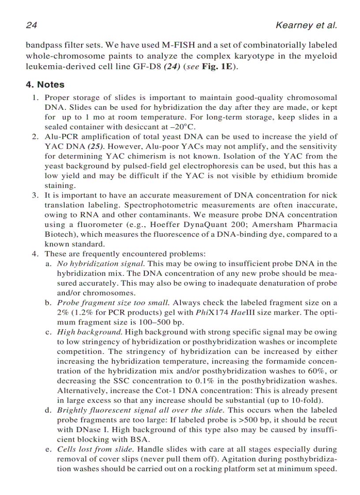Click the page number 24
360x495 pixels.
point(31,25)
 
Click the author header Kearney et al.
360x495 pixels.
point(306,25)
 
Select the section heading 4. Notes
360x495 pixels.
point(45,84)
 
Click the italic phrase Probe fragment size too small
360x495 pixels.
point(114,303)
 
